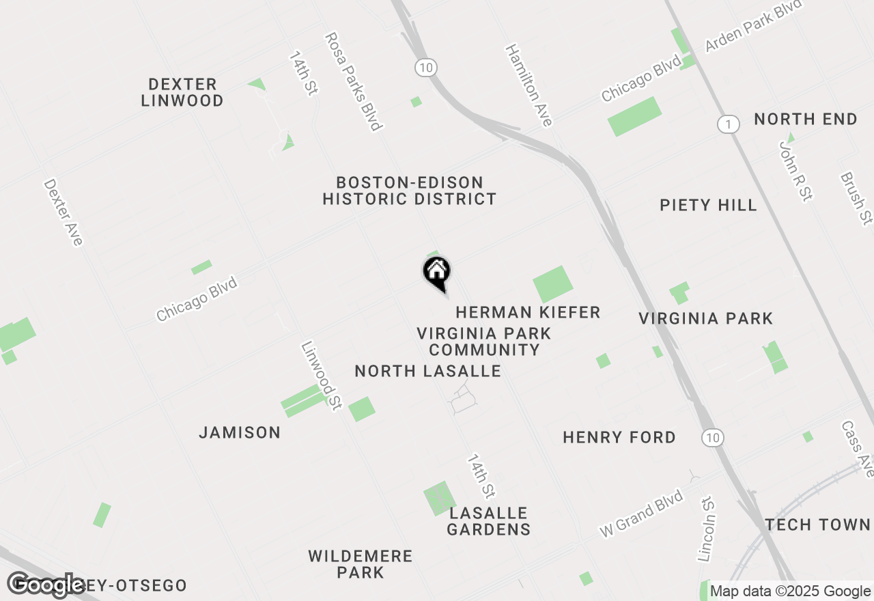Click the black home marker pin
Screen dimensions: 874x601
point(437,272)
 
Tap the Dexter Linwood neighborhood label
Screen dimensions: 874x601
point(182,92)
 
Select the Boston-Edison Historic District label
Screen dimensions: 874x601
point(410,191)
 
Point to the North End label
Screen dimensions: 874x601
point(806,120)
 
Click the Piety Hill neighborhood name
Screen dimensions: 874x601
point(708,205)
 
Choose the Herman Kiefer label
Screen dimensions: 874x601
point(528,313)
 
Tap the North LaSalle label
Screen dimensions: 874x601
point(428,372)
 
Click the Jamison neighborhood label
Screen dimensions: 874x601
point(240,433)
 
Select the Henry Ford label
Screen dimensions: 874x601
point(619,438)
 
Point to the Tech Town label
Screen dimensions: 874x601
point(817,525)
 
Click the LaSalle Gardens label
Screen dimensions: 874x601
point(489,521)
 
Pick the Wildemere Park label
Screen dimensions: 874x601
point(361,564)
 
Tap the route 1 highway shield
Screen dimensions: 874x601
point(729,124)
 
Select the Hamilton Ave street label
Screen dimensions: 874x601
point(528,85)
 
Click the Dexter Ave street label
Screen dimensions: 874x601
point(63,212)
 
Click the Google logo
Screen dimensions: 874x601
point(46,585)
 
